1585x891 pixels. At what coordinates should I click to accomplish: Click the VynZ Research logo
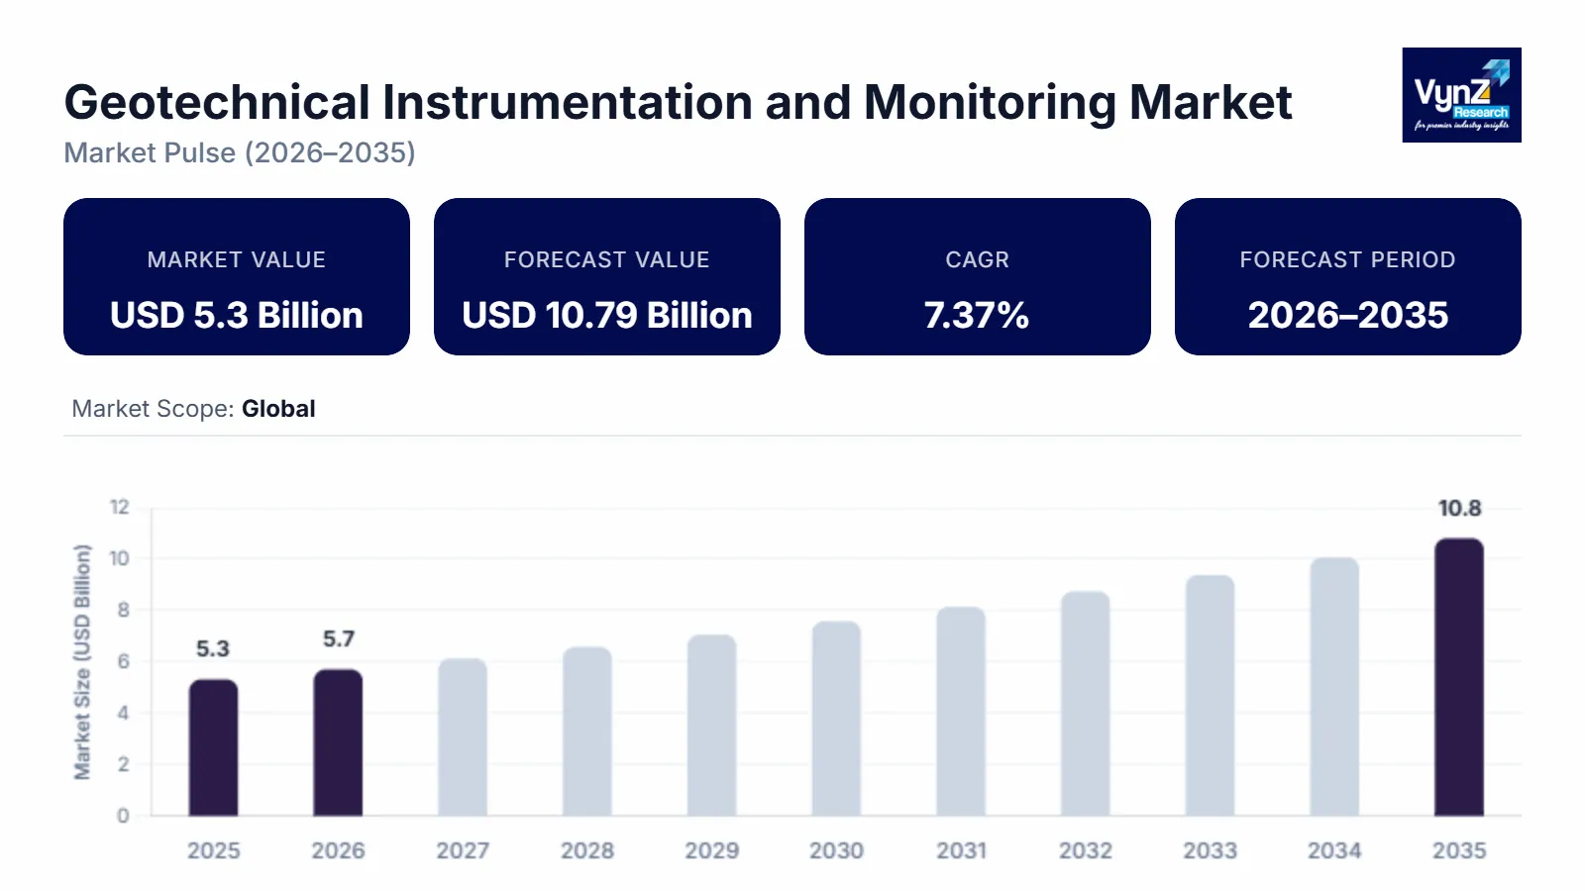[1461, 95]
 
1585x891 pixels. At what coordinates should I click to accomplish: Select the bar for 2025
[214, 747]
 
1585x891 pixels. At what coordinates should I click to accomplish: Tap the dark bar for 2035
[1459, 677]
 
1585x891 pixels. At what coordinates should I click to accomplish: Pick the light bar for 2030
[836, 719]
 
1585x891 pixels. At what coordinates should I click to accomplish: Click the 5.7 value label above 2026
[339, 640]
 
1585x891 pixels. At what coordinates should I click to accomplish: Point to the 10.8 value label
[1459, 509]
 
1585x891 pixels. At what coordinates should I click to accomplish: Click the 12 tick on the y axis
[120, 507]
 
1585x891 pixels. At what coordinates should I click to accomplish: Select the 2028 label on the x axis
[587, 850]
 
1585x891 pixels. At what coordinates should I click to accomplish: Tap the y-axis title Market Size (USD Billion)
[82, 661]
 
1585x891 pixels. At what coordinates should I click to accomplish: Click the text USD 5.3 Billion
[237, 315]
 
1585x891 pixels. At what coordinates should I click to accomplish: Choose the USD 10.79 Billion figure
[607, 315]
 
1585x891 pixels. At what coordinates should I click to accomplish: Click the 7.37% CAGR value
[977, 315]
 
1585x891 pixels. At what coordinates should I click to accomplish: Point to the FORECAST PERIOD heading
[1347, 259]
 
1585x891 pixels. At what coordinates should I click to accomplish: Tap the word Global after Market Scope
[278, 409]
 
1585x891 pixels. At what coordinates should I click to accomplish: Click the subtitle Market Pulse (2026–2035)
[240, 152]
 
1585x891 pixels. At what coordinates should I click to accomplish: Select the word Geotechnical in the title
[217, 102]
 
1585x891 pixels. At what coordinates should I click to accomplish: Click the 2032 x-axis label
[1086, 850]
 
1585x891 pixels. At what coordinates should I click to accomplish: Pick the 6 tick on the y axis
[124, 661]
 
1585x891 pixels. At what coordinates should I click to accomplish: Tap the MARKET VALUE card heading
[237, 259]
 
